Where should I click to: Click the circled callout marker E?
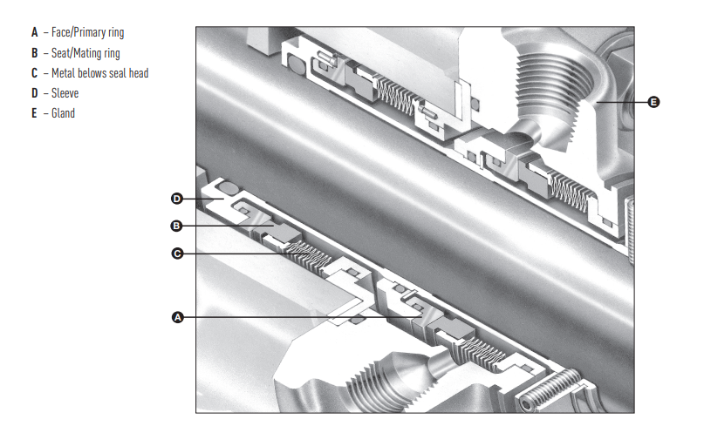click(x=654, y=102)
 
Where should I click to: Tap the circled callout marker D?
click(x=177, y=199)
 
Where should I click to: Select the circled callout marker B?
click(x=176, y=226)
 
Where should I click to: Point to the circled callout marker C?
click(x=177, y=254)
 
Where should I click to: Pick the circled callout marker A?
click(x=178, y=317)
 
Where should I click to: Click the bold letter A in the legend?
click(x=35, y=32)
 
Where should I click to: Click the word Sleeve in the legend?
click(x=65, y=93)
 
